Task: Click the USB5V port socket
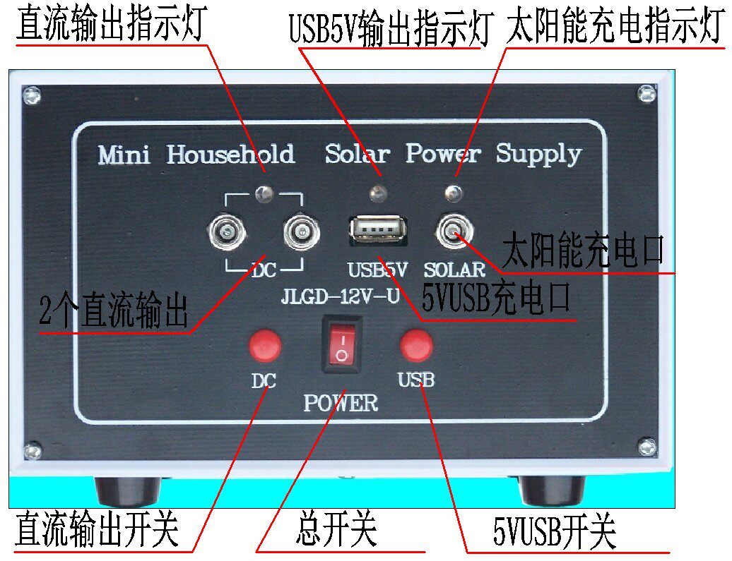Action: pos(377,231)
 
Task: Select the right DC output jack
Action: pos(301,232)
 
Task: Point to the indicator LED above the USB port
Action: pos(377,191)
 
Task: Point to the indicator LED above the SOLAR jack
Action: pos(454,191)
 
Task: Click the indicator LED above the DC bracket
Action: pos(264,190)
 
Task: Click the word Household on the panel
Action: pos(230,154)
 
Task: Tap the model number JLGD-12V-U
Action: pos(341,296)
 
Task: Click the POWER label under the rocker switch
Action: pos(341,403)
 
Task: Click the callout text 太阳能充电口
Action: pos(584,251)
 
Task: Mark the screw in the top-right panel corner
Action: pos(645,92)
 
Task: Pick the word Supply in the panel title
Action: pos(538,154)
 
